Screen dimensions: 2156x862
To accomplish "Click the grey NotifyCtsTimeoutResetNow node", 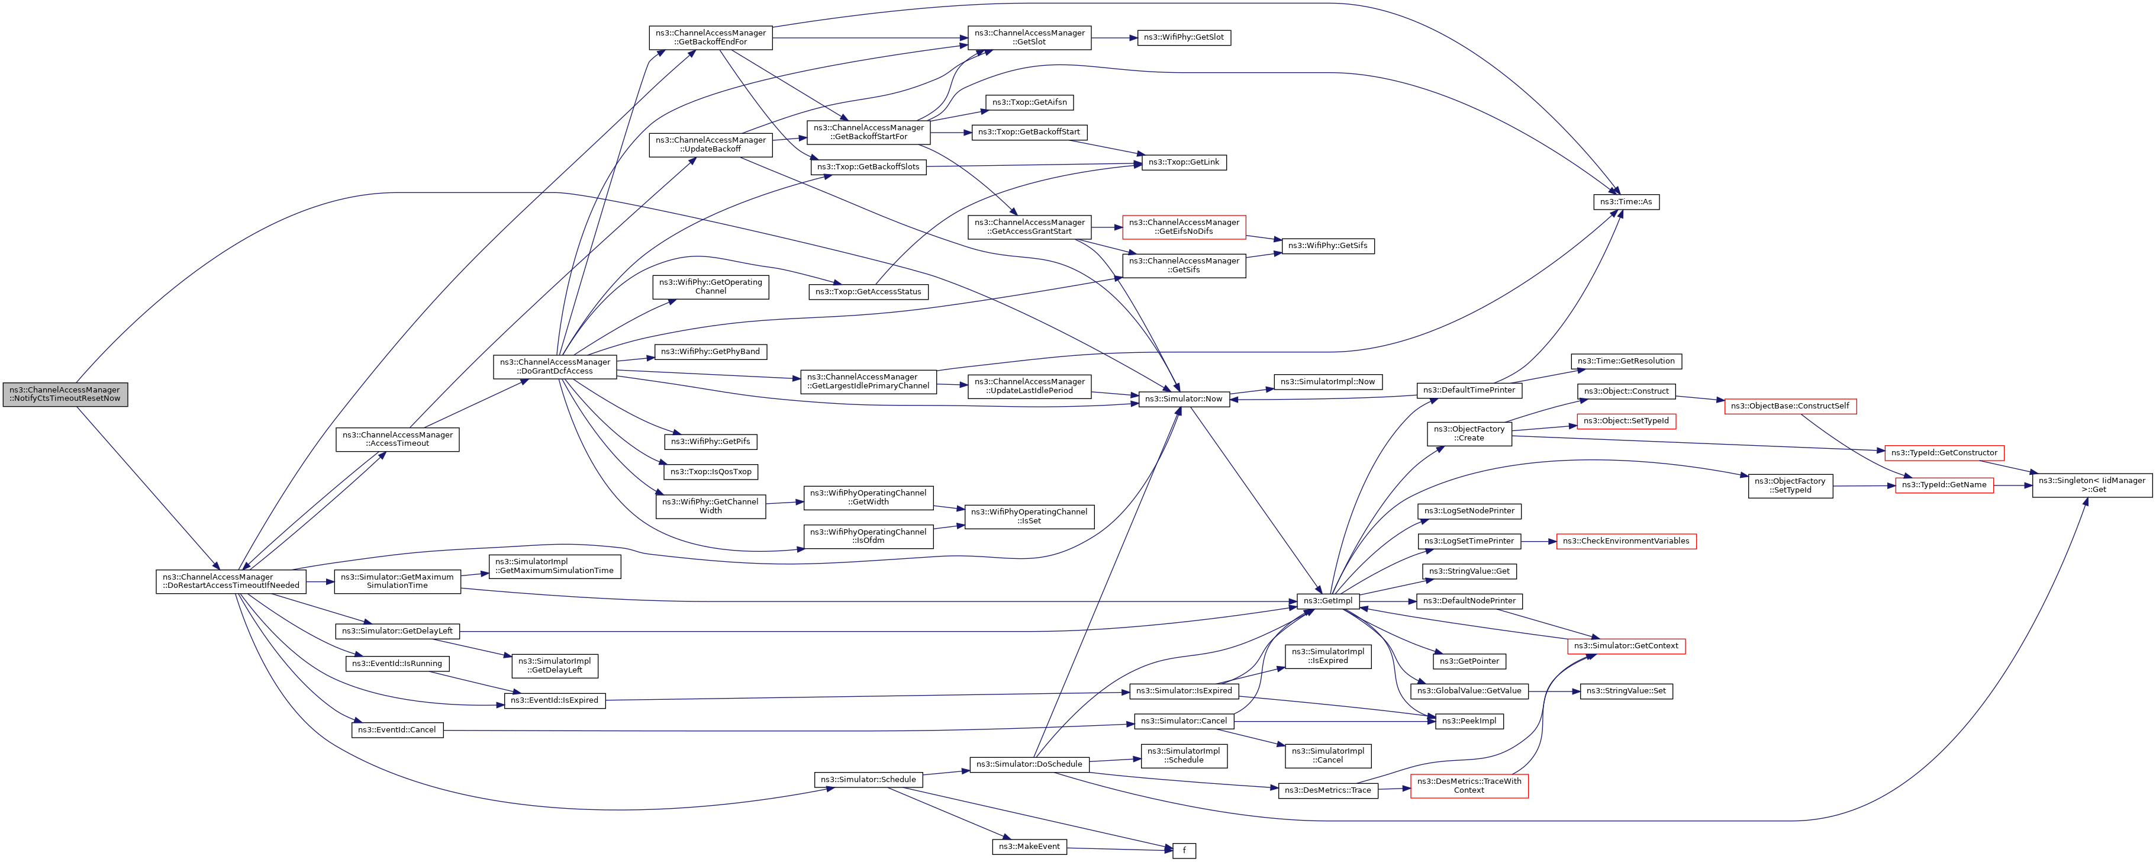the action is pos(65,394).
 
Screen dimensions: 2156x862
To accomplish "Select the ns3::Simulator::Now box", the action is pos(1184,399).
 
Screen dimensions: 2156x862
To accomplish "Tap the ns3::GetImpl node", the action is pos(1327,601).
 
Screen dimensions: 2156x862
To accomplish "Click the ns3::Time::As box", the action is pos(1625,202).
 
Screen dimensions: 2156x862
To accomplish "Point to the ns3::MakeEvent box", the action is pos(1029,847).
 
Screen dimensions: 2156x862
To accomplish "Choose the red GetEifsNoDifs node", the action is pos(1184,227).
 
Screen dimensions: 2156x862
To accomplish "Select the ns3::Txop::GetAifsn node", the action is pos(1029,102).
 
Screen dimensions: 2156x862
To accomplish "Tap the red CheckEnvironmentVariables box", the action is pos(1625,542).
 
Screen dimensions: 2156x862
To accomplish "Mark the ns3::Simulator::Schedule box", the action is pos(868,780).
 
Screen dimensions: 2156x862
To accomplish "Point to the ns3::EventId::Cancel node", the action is pos(397,730).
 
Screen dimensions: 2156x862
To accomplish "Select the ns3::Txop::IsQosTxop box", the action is pos(711,472).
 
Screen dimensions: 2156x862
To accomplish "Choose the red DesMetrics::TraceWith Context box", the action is pos(1469,786).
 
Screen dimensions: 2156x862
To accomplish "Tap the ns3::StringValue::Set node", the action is pos(1625,691).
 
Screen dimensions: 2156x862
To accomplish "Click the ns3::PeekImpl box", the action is pos(1469,722).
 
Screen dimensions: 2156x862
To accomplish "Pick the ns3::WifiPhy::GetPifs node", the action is pos(711,442).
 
